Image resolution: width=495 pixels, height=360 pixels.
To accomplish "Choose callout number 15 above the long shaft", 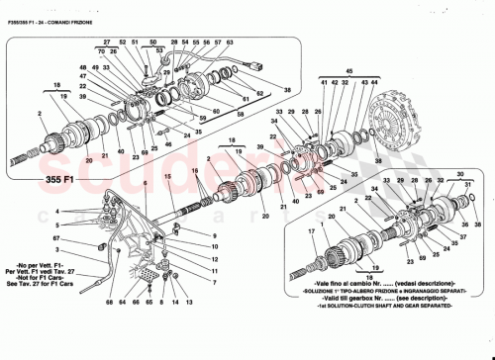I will [x=168, y=176].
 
